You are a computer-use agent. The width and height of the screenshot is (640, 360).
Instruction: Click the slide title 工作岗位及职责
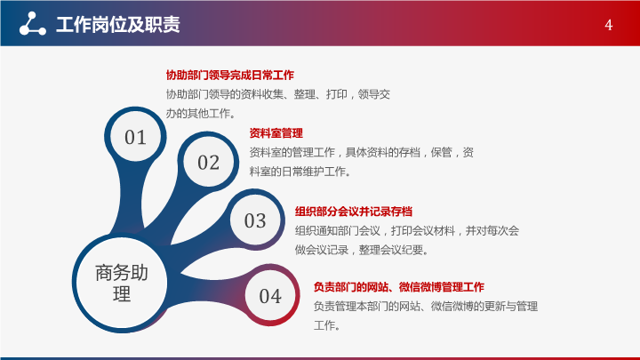point(118,25)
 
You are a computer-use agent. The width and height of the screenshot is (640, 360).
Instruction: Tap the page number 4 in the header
point(608,25)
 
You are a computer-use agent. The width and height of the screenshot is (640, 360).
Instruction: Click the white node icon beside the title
point(33,24)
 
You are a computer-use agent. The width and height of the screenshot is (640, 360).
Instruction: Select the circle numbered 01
point(135,137)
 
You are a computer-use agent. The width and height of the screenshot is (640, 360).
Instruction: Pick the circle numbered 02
point(208,162)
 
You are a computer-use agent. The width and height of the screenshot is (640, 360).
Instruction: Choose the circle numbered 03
point(255,220)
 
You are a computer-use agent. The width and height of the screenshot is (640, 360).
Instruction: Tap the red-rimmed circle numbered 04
point(270,295)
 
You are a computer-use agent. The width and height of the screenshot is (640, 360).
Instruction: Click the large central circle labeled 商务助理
point(122,283)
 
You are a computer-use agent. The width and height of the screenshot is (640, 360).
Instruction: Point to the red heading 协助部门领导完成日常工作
point(230,75)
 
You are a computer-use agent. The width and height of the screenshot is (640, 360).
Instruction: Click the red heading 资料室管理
point(276,133)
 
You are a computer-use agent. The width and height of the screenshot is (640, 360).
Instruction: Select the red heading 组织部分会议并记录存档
point(354,212)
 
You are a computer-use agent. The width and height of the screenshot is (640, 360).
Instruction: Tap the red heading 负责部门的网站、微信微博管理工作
point(399,287)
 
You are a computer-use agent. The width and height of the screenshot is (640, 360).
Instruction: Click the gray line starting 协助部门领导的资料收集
point(277,94)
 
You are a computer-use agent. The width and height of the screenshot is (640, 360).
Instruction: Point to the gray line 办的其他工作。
point(201,114)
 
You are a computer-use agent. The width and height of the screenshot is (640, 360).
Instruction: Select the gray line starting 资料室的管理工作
point(361,152)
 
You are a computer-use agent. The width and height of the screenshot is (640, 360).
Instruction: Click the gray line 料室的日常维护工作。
point(300,172)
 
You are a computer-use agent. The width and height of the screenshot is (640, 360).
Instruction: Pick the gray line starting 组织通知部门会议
point(407,230)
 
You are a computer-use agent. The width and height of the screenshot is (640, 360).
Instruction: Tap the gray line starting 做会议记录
point(362,250)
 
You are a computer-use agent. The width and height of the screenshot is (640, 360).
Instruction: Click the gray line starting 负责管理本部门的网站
point(425,306)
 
